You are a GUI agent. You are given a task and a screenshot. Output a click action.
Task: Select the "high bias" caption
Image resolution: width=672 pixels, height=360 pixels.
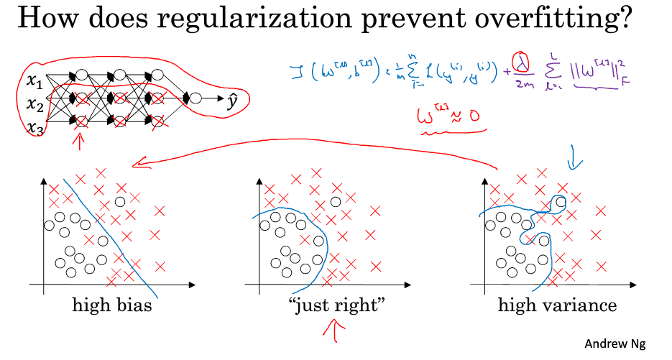pyautogui.click(x=111, y=305)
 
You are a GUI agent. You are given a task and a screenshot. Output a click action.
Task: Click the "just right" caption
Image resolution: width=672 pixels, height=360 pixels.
pyautogui.click(x=336, y=305)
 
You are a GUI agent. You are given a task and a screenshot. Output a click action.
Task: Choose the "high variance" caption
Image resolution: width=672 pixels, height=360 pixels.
pyautogui.click(x=557, y=305)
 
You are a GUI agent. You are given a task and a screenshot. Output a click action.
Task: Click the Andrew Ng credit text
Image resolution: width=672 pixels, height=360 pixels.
pyautogui.click(x=615, y=344)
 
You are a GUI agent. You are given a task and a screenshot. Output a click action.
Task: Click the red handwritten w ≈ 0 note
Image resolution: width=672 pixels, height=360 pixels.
pyautogui.click(x=449, y=118)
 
